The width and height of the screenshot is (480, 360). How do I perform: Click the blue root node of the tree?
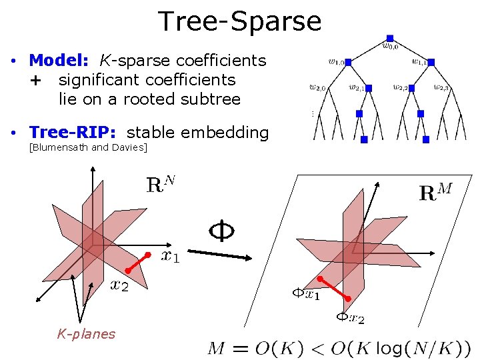pos(390,38)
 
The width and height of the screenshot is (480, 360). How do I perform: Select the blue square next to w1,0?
pos(349,62)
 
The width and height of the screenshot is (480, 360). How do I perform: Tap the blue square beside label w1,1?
pos(431,62)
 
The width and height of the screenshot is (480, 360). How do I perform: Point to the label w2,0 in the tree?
pos(317,87)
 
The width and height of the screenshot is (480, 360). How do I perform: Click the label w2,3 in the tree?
pos(441,87)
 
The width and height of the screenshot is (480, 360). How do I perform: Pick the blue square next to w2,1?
pos(368,88)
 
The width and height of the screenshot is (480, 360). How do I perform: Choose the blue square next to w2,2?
pos(414,88)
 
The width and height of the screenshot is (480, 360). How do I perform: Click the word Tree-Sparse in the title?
pos(240,21)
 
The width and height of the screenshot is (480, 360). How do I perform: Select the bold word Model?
pos(59,61)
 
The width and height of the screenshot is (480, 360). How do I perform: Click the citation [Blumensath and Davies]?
pos(88,147)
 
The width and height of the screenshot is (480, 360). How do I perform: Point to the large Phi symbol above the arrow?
pos(221,231)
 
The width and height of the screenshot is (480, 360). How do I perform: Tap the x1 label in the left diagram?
pos(170,257)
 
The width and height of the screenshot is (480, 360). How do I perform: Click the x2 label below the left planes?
pos(120,285)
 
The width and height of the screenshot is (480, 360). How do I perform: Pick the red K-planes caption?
pos(86,334)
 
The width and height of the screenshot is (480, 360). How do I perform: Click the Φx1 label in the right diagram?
pos(306,293)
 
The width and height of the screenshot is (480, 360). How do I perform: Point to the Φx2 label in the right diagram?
pos(349,319)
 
